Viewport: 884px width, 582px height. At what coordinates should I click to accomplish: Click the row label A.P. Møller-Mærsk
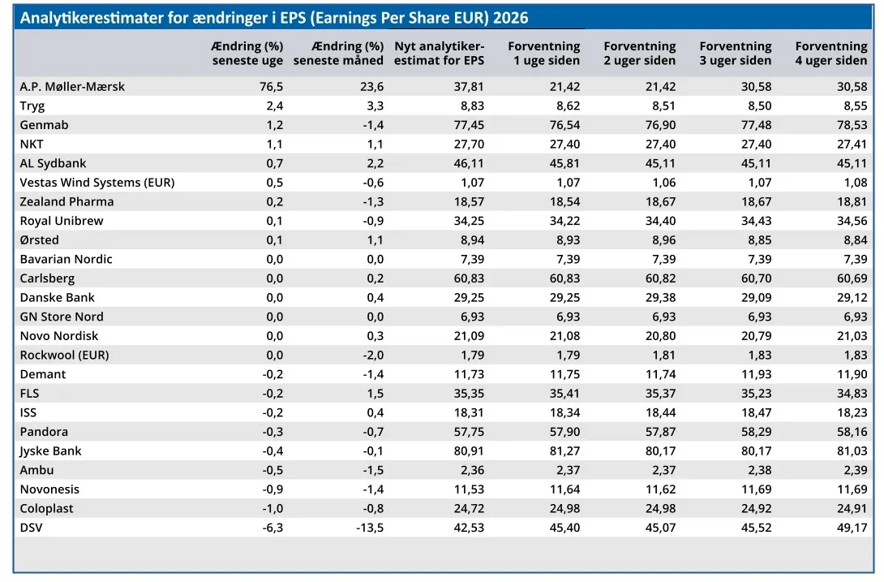72,86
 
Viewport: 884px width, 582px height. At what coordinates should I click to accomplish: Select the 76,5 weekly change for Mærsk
271,86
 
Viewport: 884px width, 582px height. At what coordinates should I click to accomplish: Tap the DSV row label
31,528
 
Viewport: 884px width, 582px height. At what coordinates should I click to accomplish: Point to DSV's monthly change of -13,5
370,528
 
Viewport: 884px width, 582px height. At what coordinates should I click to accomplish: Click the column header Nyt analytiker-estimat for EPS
440,53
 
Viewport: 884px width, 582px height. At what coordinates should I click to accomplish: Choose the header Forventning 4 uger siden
831,53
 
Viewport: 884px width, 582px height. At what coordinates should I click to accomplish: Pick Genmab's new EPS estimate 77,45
469,125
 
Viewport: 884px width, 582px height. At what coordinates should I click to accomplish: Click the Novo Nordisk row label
59,336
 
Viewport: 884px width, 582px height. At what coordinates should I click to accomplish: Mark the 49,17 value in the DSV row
852,528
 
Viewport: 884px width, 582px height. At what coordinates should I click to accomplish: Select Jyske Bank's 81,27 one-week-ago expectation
565,451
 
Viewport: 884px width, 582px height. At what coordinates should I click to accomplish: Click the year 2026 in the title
510,18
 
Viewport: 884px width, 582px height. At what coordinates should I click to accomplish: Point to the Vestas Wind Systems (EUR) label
97,183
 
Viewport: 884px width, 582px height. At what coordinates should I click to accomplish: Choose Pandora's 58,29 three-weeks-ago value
757,432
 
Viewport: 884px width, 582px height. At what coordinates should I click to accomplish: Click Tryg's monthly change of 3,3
375,106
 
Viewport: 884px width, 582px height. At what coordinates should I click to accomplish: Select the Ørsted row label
39,240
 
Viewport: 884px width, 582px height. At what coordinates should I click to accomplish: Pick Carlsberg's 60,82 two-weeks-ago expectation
661,278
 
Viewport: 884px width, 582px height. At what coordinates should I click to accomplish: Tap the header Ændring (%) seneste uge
247,53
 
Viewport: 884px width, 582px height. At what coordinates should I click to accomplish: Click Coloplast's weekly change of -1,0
272,509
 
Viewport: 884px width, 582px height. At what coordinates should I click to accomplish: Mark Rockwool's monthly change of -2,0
373,355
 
